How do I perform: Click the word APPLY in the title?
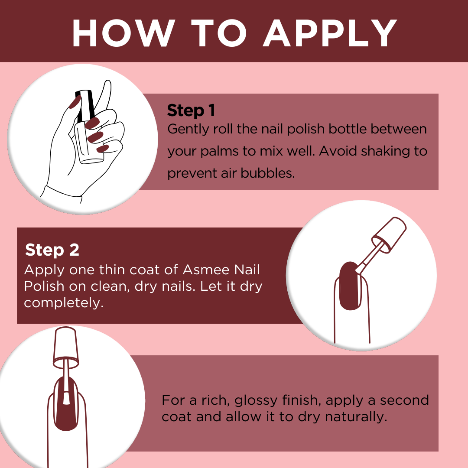330,33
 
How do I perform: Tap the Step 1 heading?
191,110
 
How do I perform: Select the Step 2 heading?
52,250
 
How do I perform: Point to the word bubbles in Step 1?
267,173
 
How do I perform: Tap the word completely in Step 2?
64,303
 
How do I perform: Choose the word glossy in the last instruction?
256,400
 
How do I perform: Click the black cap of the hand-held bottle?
84,106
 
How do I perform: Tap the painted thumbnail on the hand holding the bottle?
75,102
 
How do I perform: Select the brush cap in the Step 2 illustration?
389,234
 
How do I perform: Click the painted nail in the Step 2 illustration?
350,286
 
